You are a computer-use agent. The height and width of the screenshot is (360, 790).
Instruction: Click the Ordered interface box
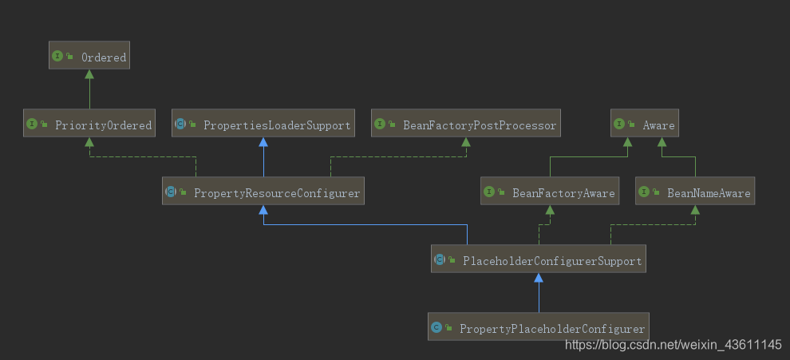tap(89, 57)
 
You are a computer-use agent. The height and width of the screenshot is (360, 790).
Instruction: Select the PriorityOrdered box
tap(89, 125)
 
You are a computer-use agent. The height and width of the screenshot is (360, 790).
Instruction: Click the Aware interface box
tap(645, 125)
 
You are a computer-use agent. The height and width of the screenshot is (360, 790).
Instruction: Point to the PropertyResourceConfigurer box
tap(263, 192)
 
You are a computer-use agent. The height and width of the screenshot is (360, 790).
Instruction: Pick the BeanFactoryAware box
tap(550, 192)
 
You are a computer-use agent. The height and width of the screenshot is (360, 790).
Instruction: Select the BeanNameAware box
tap(694, 192)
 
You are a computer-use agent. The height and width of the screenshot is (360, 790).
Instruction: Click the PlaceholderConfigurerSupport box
tap(539, 260)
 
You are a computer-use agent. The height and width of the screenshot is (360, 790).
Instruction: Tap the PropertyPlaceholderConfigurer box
tap(539, 328)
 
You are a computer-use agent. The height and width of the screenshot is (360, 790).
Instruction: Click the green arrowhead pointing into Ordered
tap(89, 74)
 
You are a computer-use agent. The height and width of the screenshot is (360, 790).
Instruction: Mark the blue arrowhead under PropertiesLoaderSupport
tap(263, 142)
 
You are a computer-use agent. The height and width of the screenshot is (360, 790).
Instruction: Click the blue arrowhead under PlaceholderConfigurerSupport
tap(539, 278)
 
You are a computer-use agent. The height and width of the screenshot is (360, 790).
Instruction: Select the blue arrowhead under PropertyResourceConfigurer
tap(263, 210)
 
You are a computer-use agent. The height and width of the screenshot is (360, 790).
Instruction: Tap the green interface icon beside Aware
tap(620, 125)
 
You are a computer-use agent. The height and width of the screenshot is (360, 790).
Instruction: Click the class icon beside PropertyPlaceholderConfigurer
tap(436, 328)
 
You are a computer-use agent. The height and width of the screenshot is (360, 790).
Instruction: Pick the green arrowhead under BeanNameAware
tap(694, 210)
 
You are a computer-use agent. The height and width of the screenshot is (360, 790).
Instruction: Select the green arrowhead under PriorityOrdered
tap(89, 142)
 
